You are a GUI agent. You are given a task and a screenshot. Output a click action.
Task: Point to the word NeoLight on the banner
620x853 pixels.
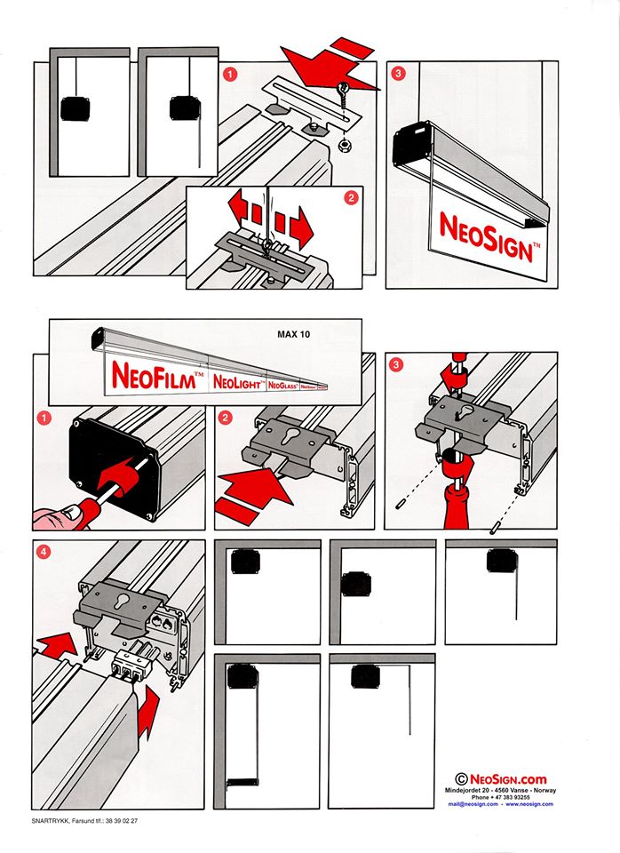pos(237,381)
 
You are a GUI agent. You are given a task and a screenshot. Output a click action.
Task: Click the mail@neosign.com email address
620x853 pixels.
pos(472,804)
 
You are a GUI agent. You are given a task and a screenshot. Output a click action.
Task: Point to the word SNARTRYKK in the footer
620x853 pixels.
pos(49,820)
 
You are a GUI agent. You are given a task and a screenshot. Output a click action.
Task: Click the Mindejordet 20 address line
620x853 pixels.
pos(500,790)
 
